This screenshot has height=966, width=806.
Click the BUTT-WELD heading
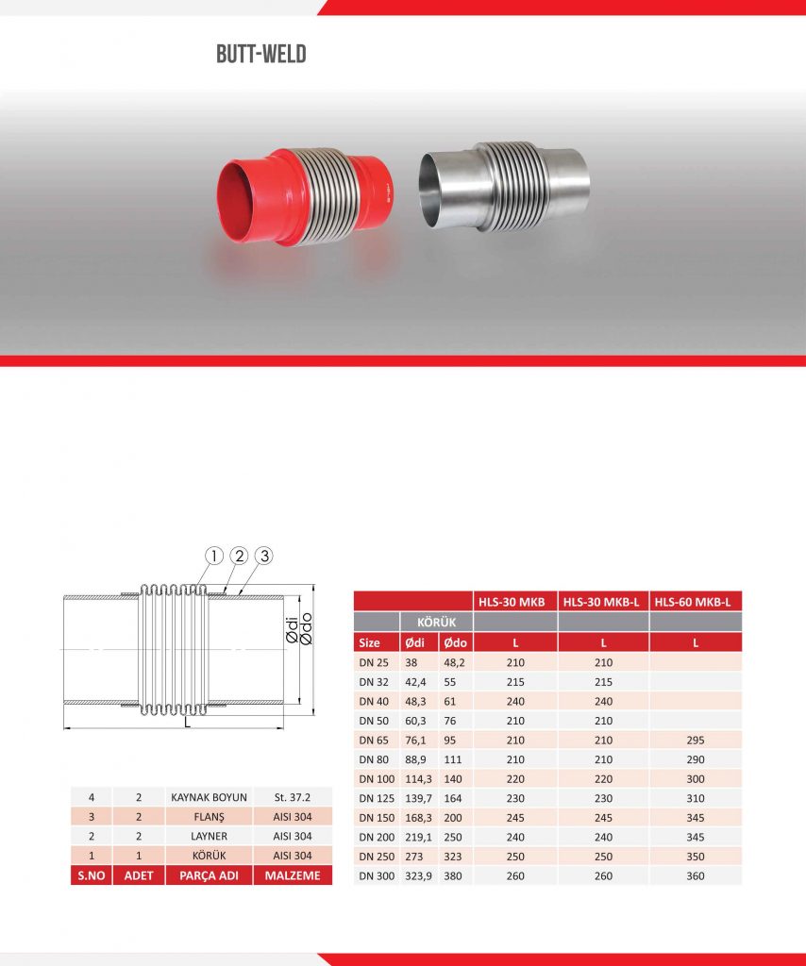(261, 54)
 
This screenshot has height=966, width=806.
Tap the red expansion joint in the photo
(305, 196)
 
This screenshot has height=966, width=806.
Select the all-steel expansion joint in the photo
(503, 187)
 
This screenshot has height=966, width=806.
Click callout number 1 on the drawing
(214, 557)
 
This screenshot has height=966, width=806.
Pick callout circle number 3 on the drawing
(263, 556)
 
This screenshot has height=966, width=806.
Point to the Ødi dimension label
(292, 631)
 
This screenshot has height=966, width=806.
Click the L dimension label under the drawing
(187, 722)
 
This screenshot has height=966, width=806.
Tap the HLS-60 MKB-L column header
(693, 602)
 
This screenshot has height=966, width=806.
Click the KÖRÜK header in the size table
(436, 623)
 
